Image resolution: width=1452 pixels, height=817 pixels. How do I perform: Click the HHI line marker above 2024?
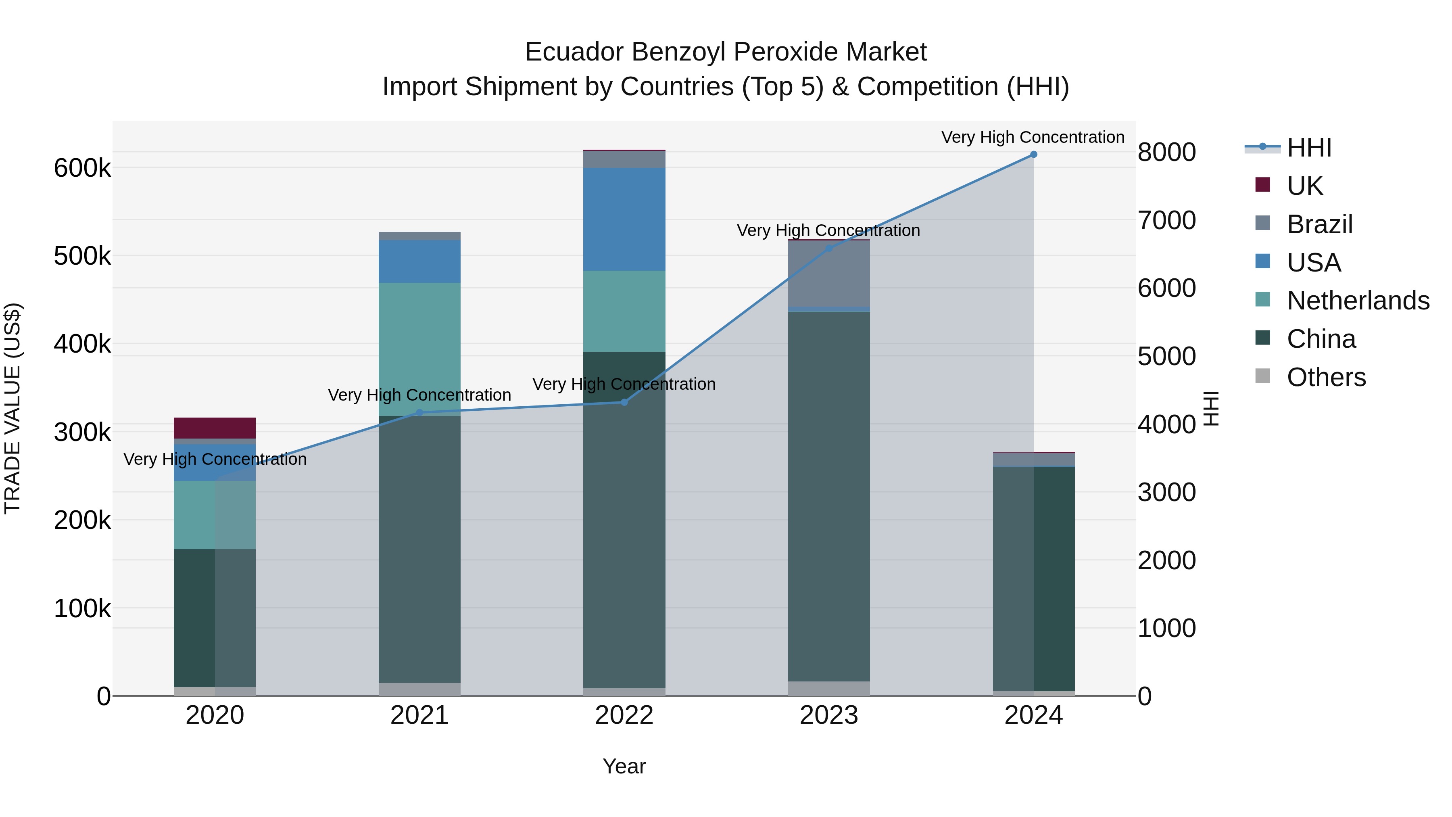(1033, 155)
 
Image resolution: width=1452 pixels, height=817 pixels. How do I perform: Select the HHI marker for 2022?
(624, 402)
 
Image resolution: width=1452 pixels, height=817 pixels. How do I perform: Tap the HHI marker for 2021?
(419, 412)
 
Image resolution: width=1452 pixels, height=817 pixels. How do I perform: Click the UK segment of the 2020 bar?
(214, 428)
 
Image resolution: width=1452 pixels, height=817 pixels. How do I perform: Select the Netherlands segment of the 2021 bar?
(419, 349)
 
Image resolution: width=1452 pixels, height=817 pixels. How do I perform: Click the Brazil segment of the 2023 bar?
(828, 274)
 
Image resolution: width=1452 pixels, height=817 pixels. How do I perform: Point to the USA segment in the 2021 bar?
(419, 261)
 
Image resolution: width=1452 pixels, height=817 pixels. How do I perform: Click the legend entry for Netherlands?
(1357, 301)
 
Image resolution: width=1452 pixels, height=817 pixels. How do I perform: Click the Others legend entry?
(1326, 377)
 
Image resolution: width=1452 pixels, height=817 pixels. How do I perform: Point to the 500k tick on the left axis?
(82, 256)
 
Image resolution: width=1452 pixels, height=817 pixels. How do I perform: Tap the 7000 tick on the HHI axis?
(1166, 220)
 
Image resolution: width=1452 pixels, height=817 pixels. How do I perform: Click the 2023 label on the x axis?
(828, 715)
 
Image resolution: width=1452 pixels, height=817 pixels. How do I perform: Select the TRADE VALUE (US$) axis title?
(13, 408)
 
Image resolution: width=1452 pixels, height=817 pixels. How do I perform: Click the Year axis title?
(624, 766)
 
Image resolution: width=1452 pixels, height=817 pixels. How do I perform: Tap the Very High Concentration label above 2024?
(1033, 137)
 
